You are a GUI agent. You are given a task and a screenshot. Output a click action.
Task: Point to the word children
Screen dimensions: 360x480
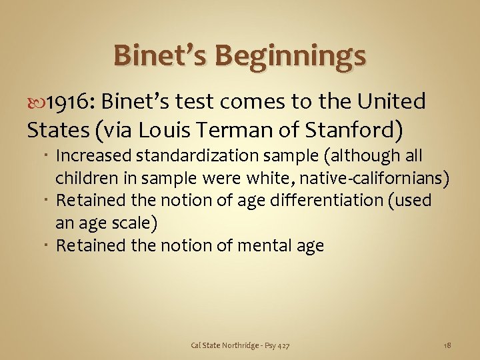tap(83, 178)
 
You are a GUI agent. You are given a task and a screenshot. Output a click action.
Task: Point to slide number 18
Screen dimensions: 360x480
tap(447, 345)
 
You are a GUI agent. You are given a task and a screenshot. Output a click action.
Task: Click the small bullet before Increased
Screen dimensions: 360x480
tap(49, 156)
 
